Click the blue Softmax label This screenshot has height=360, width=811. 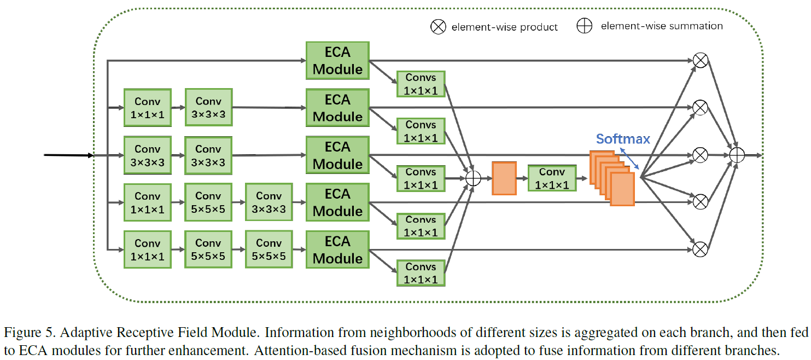(623, 138)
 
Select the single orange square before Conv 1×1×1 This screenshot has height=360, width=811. (504, 178)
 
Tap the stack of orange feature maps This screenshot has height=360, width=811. (611, 178)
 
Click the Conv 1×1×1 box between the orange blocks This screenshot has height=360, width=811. (552, 178)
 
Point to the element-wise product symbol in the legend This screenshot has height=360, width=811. (439, 27)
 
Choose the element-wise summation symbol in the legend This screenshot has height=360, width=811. (585, 26)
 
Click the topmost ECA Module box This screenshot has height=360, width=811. (337, 61)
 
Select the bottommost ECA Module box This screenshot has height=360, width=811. (337, 250)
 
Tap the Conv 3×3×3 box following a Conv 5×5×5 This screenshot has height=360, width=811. (269, 202)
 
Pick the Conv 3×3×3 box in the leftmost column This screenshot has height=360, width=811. (148, 155)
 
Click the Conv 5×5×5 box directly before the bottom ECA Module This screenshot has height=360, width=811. (269, 250)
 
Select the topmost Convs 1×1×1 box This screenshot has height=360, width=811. (421, 84)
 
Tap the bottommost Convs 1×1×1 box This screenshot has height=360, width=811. (421, 273)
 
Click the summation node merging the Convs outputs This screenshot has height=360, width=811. (472, 178)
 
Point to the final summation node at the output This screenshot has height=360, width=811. (737, 155)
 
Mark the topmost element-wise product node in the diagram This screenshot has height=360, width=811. (700, 61)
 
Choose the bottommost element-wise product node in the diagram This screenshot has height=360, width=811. (700, 250)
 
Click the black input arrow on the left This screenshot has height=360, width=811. (68, 155)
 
